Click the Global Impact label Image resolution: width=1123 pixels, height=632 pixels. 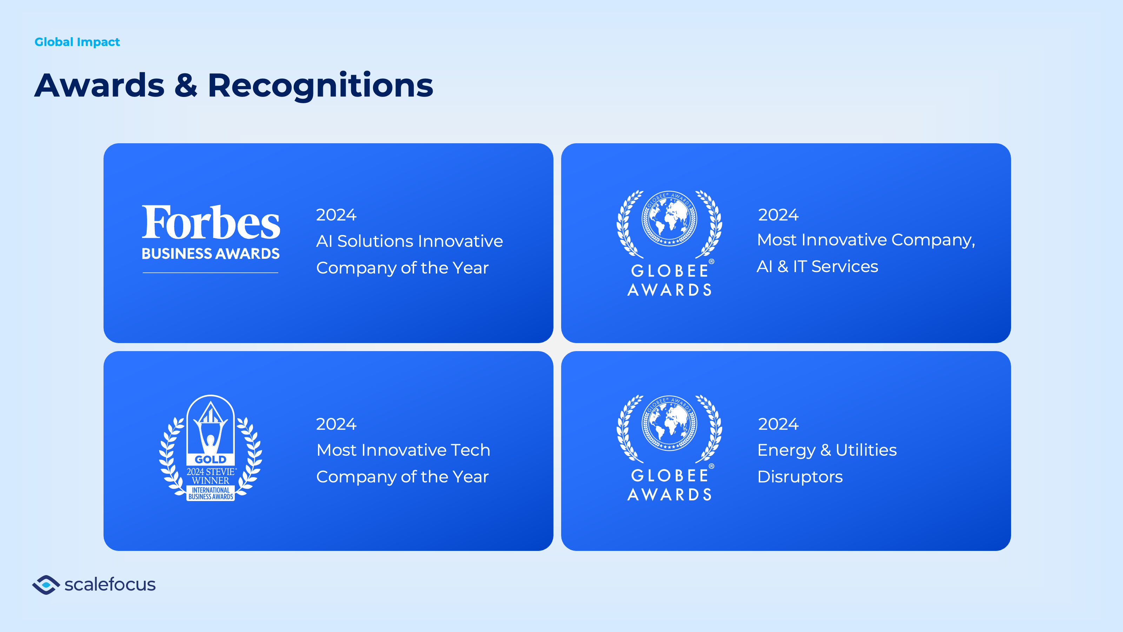(x=77, y=42)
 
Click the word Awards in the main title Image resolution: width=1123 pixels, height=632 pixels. (x=99, y=85)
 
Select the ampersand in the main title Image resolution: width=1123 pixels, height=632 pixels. (x=186, y=85)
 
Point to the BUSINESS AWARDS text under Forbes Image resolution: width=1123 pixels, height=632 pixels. (x=211, y=254)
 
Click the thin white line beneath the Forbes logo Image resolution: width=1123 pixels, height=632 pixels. (x=211, y=272)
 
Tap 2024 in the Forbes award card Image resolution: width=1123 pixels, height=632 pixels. (x=336, y=215)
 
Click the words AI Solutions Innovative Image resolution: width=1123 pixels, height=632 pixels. (x=409, y=241)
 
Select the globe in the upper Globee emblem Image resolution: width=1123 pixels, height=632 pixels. (x=669, y=218)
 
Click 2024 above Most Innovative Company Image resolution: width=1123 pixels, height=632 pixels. (x=778, y=215)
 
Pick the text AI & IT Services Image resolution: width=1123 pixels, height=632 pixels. (x=817, y=266)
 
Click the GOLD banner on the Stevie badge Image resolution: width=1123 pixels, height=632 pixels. (x=211, y=459)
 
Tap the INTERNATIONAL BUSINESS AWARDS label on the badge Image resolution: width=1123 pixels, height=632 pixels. (x=211, y=493)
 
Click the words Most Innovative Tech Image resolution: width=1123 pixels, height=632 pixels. (x=403, y=450)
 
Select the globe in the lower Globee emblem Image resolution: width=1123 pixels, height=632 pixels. (x=669, y=423)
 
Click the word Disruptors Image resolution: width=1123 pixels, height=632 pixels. (x=800, y=477)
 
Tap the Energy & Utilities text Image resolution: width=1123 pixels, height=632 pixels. (x=827, y=450)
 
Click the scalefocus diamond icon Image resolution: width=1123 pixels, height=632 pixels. (x=46, y=585)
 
